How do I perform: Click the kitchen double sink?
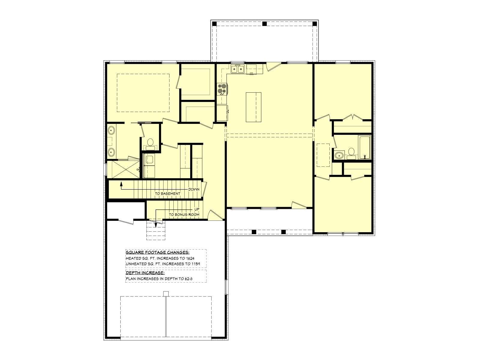pyautogui.click(x=237, y=69)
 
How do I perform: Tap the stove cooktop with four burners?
pyautogui.click(x=222, y=89)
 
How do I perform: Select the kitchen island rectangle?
pyautogui.click(x=253, y=107)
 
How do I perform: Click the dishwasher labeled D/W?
pyautogui.click(x=251, y=69)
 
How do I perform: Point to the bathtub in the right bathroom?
pyautogui.click(x=364, y=147)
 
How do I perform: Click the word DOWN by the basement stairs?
pyautogui.click(x=194, y=189)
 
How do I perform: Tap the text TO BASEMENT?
pyautogui.click(x=167, y=193)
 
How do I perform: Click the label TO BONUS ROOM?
pyautogui.click(x=184, y=214)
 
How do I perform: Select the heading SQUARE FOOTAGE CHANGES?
pyautogui.click(x=157, y=253)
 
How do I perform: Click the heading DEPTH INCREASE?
pyautogui.click(x=145, y=273)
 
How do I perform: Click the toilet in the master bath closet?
pyautogui.click(x=150, y=145)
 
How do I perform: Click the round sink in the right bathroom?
pyautogui.click(x=339, y=155)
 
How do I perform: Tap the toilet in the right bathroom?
pyautogui.click(x=351, y=153)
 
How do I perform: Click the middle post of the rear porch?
pyautogui.click(x=264, y=24)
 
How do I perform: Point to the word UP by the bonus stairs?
pyautogui.click(x=197, y=209)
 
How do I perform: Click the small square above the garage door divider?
pyautogui.click(x=166, y=294)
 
